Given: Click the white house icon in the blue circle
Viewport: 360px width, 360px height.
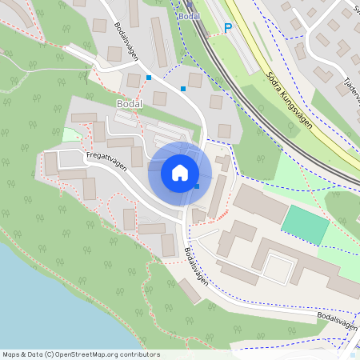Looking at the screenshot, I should click(x=180, y=173).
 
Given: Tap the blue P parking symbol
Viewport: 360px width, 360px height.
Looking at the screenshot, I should click(x=227, y=28).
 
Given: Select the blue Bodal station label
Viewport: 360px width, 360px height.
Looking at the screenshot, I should click(x=189, y=16).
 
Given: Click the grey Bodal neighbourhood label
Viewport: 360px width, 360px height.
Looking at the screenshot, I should click(x=129, y=104).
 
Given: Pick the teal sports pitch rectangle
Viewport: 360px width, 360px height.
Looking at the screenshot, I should click(x=305, y=225).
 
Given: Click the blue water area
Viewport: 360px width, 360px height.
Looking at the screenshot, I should click(x=48, y=304).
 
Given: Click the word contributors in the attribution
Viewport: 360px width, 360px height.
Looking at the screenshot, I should click(x=139, y=354).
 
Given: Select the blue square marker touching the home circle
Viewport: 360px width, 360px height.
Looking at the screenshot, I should click(x=197, y=186).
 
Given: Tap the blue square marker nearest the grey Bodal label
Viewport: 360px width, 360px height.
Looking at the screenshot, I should click(x=149, y=78).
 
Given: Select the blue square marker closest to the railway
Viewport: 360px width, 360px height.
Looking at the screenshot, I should click(x=183, y=88).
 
